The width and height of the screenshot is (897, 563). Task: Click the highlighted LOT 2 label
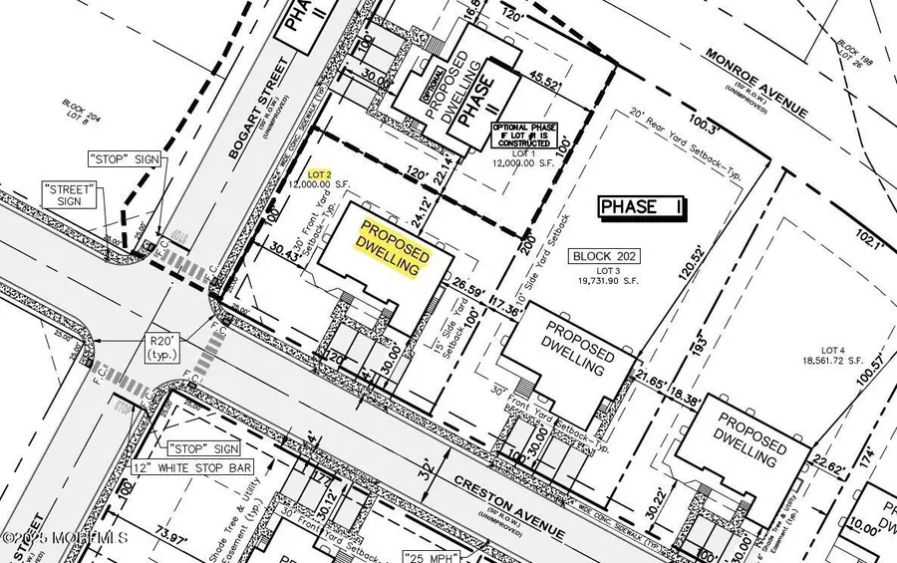click(319, 173)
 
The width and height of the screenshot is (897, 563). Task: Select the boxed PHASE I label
click(640, 206)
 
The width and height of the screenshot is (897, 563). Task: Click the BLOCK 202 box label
click(605, 257)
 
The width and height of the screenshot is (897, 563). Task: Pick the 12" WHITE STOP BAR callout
click(192, 467)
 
